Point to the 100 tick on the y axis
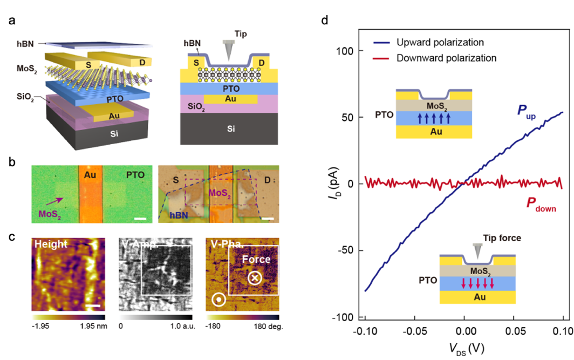click(x=343, y=51)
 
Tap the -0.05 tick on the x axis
click(x=414, y=331)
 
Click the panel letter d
click(x=324, y=21)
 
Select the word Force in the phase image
click(x=256, y=259)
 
